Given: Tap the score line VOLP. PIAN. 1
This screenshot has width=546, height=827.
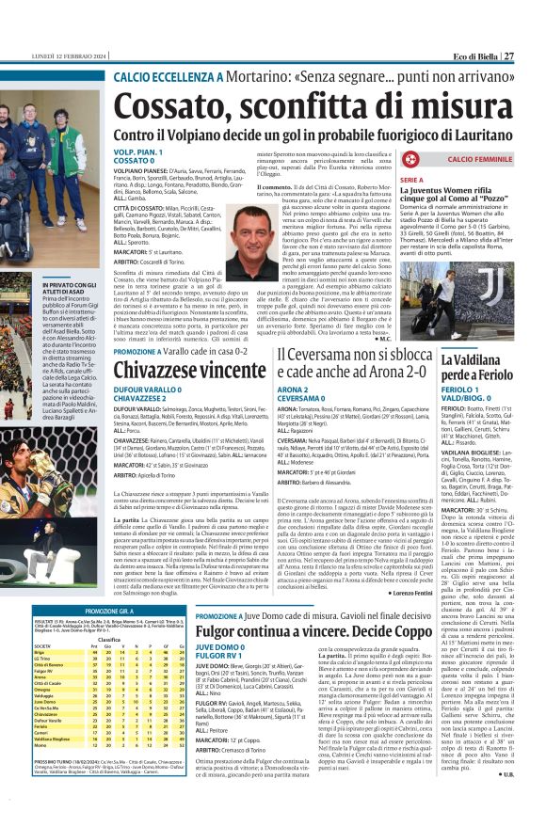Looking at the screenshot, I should point(137,150).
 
